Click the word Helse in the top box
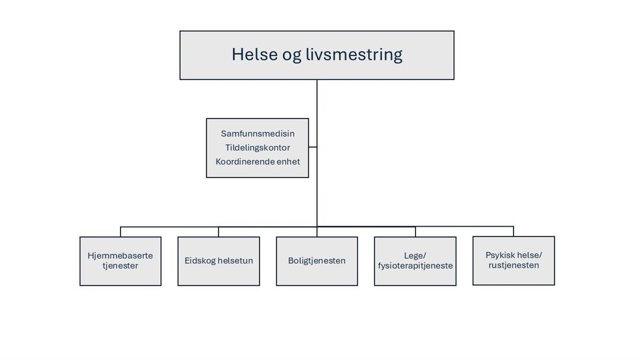[x=254, y=54]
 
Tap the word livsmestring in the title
[x=354, y=55]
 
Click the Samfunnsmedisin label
[x=258, y=133]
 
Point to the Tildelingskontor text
[x=258, y=148]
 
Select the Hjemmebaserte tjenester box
[x=121, y=261]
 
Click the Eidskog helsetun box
[x=219, y=261]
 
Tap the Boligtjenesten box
[x=317, y=261]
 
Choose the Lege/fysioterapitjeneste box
[x=415, y=261]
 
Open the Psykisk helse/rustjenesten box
[x=514, y=261]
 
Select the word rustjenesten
[x=514, y=265]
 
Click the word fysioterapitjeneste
[x=415, y=266]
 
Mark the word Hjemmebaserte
[x=121, y=255]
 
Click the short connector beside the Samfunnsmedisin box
[x=313, y=147]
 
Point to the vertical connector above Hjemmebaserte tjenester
[x=121, y=231]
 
